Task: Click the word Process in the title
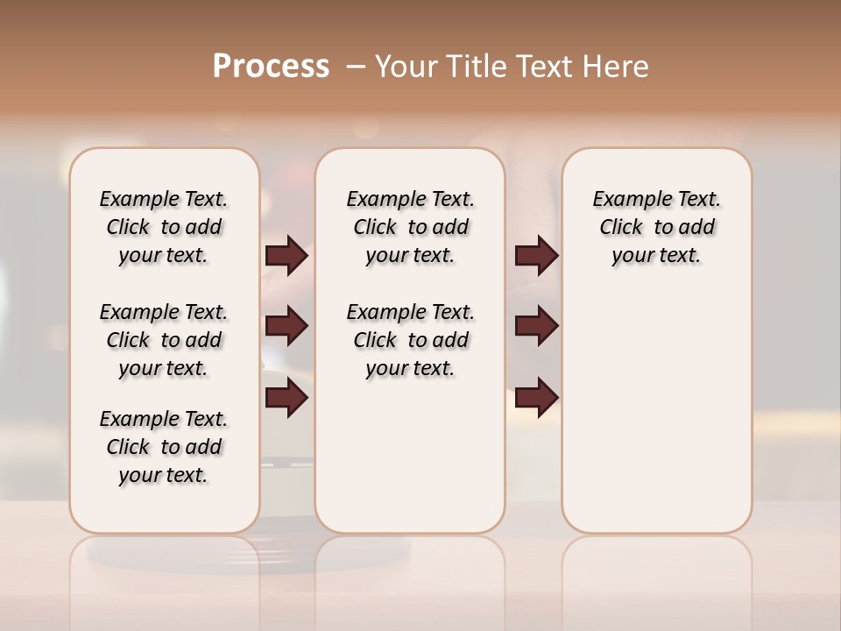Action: point(271,66)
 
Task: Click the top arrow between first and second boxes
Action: point(287,256)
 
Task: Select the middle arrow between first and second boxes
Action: point(287,327)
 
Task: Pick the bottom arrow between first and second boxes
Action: point(287,398)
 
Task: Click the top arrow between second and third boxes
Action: point(536,256)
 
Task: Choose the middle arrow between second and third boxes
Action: point(536,327)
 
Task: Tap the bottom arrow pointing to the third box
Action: point(536,398)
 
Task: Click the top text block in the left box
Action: point(164,227)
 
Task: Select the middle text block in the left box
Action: point(164,340)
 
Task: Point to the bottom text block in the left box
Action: point(164,447)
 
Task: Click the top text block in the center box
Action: point(410,227)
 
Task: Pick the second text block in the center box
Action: point(410,340)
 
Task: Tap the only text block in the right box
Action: point(656,227)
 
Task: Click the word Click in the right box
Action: point(621,228)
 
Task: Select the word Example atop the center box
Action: point(383,200)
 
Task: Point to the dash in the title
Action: point(356,67)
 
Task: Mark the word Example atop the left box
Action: point(136,200)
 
